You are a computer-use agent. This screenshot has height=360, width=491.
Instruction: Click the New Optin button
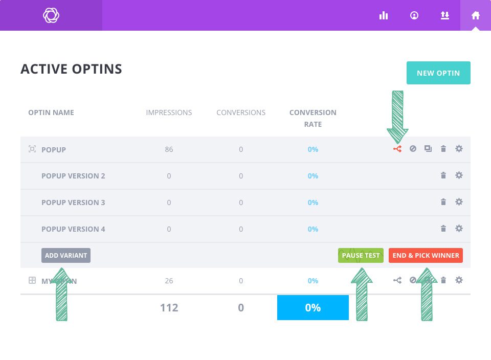click(x=438, y=73)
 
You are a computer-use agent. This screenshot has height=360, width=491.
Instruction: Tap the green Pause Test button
click(x=361, y=255)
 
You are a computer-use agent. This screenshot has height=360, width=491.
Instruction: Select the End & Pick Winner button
click(x=426, y=255)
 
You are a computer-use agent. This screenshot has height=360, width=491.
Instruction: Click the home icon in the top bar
click(x=476, y=15)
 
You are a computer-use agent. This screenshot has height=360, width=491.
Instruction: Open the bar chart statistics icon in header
click(x=384, y=15)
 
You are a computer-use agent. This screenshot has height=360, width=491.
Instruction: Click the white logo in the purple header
click(x=51, y=15)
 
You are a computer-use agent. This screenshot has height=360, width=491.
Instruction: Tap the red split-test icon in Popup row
click(x=397, y=149)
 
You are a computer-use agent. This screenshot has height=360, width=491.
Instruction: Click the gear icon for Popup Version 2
click(x=459, y=175)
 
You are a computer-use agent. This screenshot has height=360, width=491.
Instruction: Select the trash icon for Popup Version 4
click(x=443, y=229)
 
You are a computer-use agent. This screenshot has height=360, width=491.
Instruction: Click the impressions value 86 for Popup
click(x=169, y=149)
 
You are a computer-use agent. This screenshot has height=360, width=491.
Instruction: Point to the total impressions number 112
click(x=169, y=307)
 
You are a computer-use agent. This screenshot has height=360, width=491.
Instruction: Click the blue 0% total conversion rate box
click(x=313, y=307)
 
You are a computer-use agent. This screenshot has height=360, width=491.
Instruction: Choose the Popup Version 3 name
click(x=73, y=202)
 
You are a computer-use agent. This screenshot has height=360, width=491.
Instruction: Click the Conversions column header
click(x=241, y=112)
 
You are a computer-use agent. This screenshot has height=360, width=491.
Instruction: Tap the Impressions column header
click(x=169, y=112)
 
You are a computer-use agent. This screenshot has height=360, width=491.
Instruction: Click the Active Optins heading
click(x=71, y=69)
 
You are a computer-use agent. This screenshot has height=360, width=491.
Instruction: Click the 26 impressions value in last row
click(x=169, y=281)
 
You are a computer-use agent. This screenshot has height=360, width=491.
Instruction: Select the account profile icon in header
click(x=414, y=15)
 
